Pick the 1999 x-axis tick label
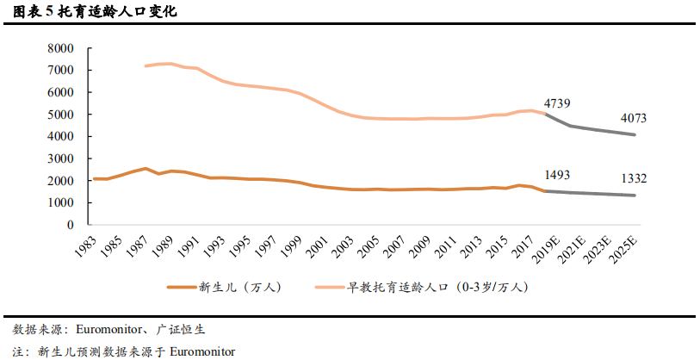[x=292, y=244]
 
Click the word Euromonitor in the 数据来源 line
[x=107, y=329]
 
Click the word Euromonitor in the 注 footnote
[x=202, y=351]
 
